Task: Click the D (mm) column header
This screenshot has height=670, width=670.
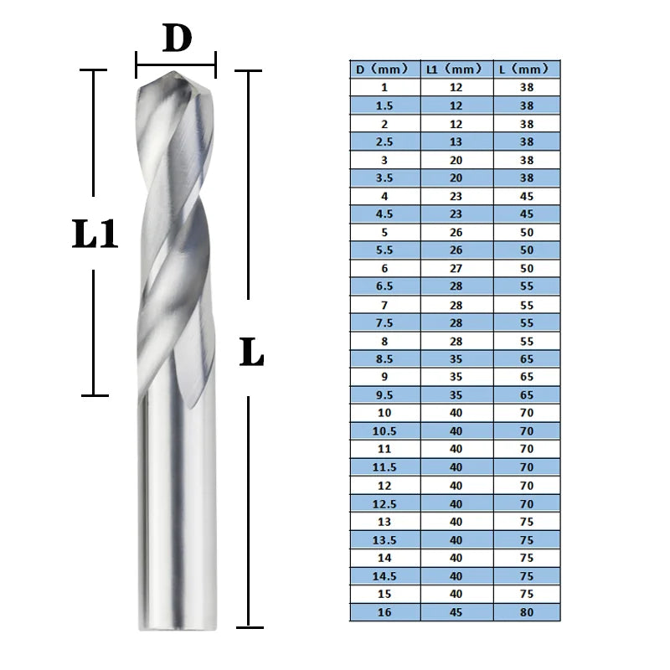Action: pyautogui.click(x=384, y=69)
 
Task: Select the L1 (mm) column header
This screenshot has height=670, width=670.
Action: pyautogui.click(x=456, y=69)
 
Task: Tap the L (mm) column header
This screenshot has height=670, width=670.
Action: pyautogui.click(x=526, y=69)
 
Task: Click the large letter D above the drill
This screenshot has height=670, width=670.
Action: pyautogui.click(x=177, y=39)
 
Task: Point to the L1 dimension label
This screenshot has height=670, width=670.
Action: pyautogui.click(x=94, y=235)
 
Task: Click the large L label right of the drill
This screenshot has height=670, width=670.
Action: pyautogui.click(x=250, y=353)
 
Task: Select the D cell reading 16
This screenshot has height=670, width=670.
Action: pyautogui.click(x=384, y=613)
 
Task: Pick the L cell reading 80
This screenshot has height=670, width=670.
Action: pyautogui.click(x=526, y=613)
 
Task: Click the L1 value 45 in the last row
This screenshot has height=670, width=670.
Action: pyautogui.click(x=456, y=613)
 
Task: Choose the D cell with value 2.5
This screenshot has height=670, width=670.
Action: pyautogui.click(x=384, y=142)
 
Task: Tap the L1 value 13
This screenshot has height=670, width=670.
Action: pyautogui.click(x=456, y=142)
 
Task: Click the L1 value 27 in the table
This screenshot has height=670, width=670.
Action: pyautogui.click(x=456, y=268)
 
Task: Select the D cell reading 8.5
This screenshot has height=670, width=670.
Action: pyautogui.click(x=384, y=358)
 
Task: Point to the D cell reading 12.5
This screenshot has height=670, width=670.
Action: pyautogui.click(x=384, y=504)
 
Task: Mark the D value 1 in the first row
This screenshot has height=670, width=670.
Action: pyautogui.click(x=384, y=87)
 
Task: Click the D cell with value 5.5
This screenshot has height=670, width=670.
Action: pyautogui.click(x=384, y=250)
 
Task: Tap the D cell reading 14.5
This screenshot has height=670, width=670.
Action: pyautogui.click(x=384, y=577)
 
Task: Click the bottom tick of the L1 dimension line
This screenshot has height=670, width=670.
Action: pyautogui.click(x=95, y=394)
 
